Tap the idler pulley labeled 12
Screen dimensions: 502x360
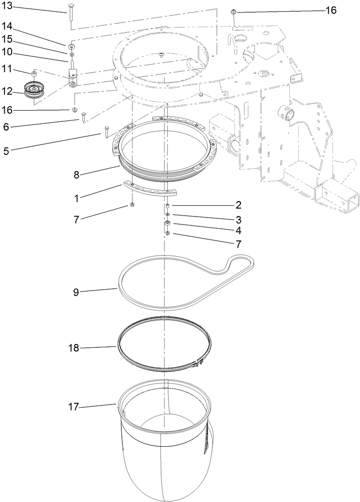coord(34,90)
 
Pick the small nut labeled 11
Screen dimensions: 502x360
coord(34,73)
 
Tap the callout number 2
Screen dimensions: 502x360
coord(239,205)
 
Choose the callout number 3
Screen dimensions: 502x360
coord(239,219)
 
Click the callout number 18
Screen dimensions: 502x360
coord(74,348)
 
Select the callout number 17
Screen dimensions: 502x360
coord(74,407)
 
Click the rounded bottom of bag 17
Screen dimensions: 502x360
coord(164,478)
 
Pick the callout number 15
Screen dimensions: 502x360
coord(9,40)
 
